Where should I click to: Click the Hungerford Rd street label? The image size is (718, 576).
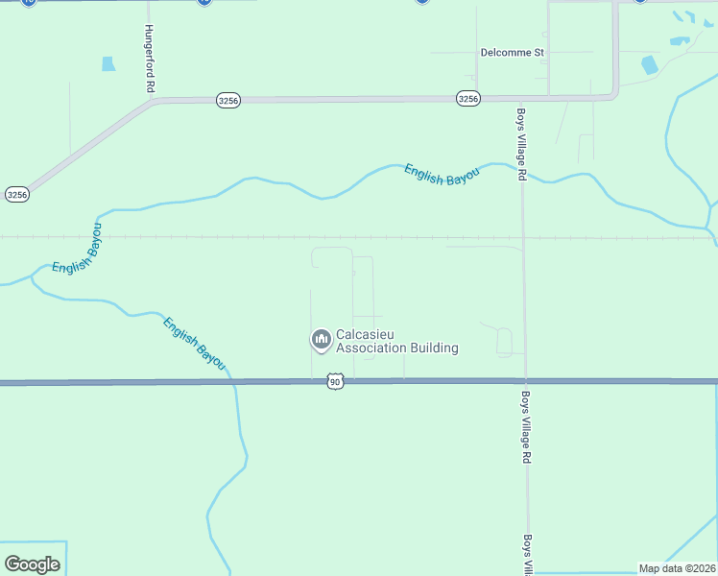[150, 59]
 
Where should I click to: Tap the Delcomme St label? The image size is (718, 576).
[513, 52]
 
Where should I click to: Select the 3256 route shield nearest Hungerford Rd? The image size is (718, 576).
[227, 100]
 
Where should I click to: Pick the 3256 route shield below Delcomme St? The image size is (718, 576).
[467, 99]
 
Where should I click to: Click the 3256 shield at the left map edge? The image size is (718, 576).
[17, 194]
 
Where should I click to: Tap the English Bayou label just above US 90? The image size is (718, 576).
[194, 343]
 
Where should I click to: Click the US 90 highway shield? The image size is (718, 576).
[334, 382]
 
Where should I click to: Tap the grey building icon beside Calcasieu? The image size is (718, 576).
[320, 340]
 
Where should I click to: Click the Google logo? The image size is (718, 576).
[32, 564]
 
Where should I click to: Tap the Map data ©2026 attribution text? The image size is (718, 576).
[677, 568]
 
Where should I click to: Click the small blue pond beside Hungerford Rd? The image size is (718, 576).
[108, 64]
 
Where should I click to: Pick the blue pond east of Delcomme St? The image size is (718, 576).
[650, 64]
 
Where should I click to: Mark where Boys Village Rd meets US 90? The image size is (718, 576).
[525, 381]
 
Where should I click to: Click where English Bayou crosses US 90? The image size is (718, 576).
[233, 382]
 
